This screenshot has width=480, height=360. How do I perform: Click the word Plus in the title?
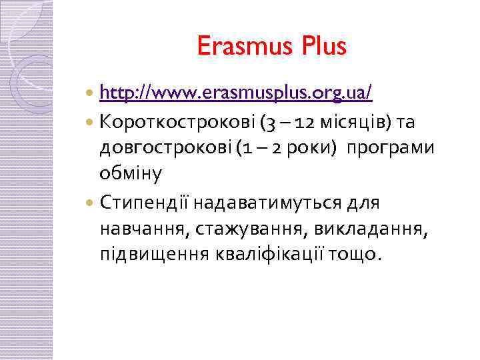pyautogui.click(x=325, y=46)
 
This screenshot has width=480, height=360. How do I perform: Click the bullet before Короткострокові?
pyautogui.click(x=91, y=121)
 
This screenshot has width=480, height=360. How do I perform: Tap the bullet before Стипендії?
pyautogui.click(x=91, y=202)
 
